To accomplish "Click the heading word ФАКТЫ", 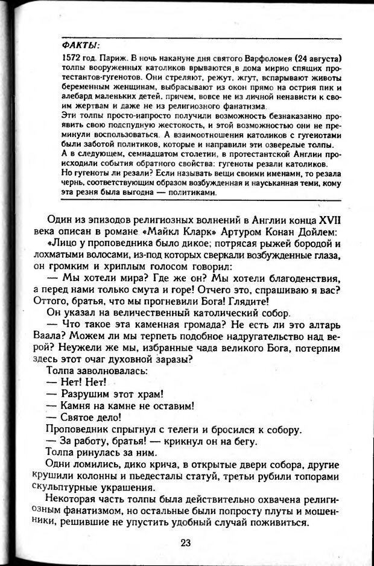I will point(80,46).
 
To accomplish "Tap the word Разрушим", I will point(89,395).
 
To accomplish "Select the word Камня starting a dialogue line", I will point(80,406).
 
